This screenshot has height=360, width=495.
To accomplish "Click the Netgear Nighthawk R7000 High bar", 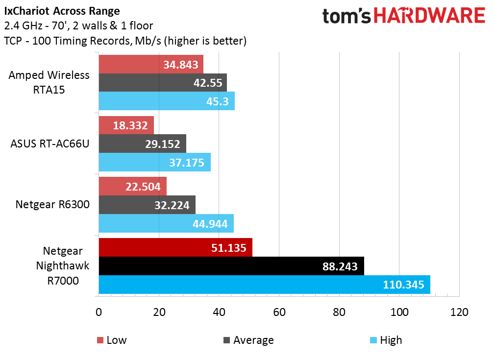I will pos(264,285).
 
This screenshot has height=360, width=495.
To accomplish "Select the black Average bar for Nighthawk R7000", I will pos(231,266).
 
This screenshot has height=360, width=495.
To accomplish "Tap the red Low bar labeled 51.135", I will pos(175,247).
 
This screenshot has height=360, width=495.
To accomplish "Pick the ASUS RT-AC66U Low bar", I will pos(126,125).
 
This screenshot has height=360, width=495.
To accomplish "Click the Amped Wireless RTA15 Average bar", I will pos(163,83).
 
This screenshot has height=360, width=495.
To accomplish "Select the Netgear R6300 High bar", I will pos(166,223).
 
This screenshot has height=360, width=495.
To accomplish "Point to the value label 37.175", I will pos(187,162).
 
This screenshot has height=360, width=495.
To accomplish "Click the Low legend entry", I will pos(112,340).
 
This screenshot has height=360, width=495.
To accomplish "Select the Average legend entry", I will pos(248,340).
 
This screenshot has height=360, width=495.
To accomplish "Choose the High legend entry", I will pos(386,340).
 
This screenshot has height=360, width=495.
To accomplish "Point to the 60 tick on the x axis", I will pos(279,312).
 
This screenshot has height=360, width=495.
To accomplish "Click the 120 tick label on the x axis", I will pos(459,312).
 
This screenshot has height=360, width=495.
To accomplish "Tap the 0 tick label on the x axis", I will pos(99,312).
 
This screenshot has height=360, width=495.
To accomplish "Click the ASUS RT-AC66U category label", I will pos(50,144).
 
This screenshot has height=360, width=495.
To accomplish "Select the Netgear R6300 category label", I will pos(52,205).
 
